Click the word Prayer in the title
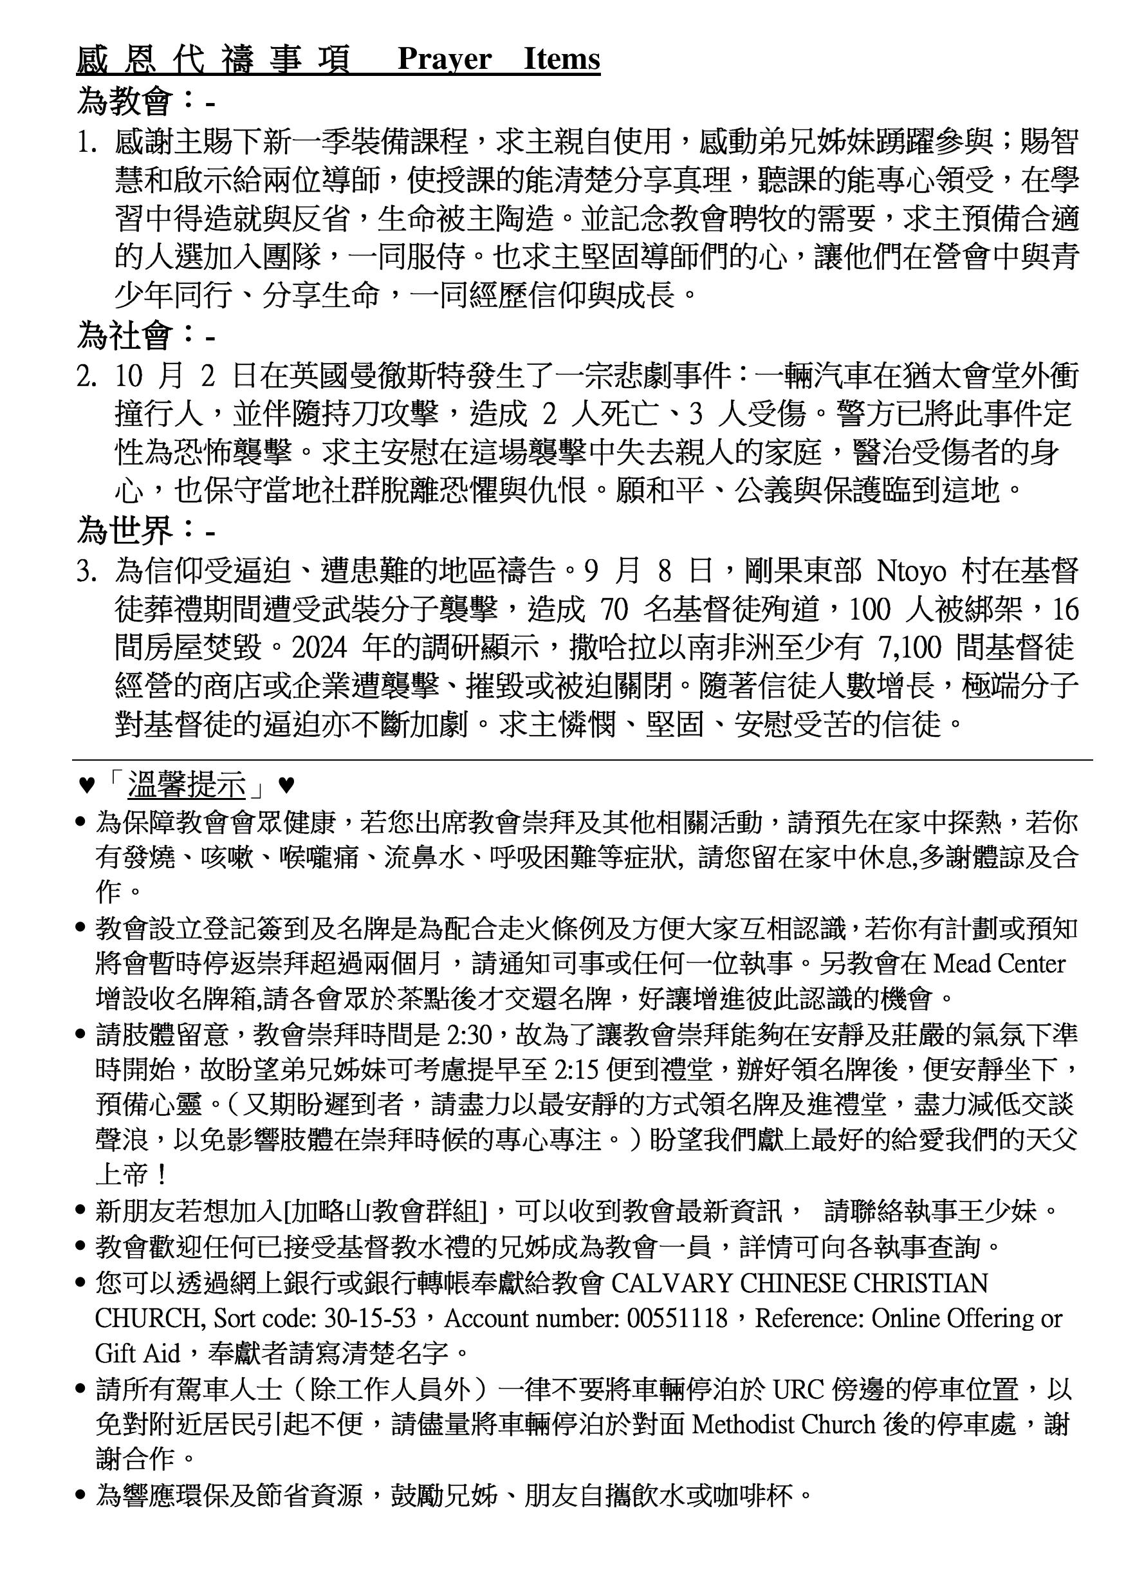[x=444, y=60]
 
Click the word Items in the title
[x=562, y=60]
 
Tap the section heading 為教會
[x=124, y=102]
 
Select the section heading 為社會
[x=124, y=337]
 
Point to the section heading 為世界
[x=124, y=532]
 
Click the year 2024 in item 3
[x=319, y=648]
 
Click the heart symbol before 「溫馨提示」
[x=86, y=786]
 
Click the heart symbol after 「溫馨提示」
[x=286, y=786]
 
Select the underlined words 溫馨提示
[x=187, y=786]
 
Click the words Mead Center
[x=999, y=963]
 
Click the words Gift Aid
[x=137, y=1353]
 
